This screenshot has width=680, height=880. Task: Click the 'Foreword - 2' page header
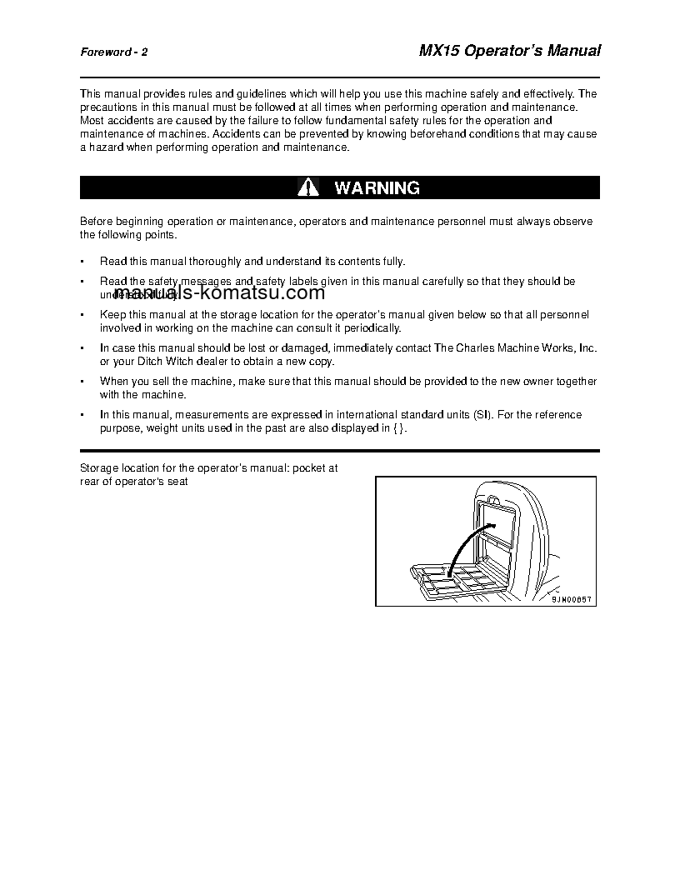(114, 52)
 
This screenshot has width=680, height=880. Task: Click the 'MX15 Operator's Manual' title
(508, 50)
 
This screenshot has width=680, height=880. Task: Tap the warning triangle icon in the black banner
(308, 187)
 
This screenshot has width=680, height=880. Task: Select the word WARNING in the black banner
(377, 187)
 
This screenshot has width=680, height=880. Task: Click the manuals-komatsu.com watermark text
(219, 292)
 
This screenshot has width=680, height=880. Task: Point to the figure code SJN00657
(574, 598)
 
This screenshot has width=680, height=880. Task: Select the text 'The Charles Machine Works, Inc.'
(516, 347)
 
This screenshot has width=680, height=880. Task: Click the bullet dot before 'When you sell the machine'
(82, 382)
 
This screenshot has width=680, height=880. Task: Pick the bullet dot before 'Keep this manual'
(82, 315)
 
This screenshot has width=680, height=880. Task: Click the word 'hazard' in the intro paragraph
(105, 147)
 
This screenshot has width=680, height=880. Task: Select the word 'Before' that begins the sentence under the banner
(95, 221)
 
